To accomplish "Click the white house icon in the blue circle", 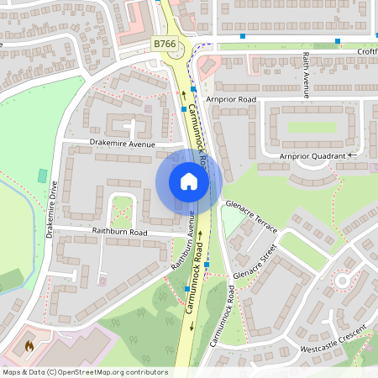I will point(189,181).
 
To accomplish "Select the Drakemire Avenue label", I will point(123,144).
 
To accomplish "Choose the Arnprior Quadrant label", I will point(312,156).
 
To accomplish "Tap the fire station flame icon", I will point(29,345).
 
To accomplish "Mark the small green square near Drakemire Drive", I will point(43,176).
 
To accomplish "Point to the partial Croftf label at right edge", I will point(366,51).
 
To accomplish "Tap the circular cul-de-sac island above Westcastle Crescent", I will point(342,281).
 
